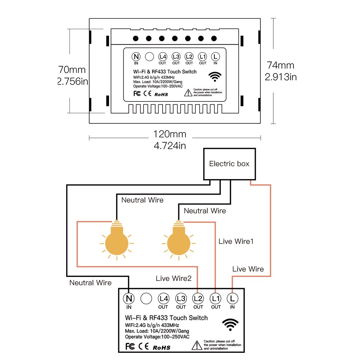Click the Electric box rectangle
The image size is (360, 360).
229,164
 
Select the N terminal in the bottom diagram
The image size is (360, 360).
129,298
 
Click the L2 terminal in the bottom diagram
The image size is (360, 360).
198,298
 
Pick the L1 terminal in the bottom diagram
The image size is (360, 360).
216,298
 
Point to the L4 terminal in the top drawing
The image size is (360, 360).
163,56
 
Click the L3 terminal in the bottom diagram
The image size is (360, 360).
181,298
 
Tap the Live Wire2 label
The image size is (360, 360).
174,278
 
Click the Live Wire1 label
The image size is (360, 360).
236,241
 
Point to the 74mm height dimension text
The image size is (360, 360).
281,65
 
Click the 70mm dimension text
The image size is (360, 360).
72,69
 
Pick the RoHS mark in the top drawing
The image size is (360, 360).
161,95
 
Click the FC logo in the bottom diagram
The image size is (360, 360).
130,347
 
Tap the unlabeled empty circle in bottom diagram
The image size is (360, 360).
146,298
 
